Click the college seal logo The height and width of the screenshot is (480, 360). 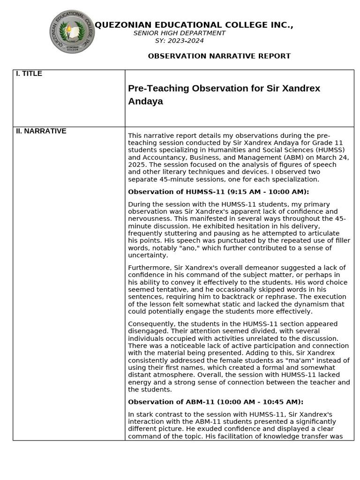[x=72, y=32]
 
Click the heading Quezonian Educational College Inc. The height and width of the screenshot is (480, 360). [x=194, y=25]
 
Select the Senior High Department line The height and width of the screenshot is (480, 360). [x=179, y=33]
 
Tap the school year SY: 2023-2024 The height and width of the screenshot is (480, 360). [x=179, y=41]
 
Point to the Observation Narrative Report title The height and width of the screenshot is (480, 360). [x=219, y=56]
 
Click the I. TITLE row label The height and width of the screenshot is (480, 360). [x=29, y=74]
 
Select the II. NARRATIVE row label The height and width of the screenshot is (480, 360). [x=41, y=131]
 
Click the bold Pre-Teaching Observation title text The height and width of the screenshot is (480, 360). [x=224, y=95]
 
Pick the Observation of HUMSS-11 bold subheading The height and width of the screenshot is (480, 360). [x=218, y=192]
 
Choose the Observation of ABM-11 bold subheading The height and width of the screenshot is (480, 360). [x=216, y=402]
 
